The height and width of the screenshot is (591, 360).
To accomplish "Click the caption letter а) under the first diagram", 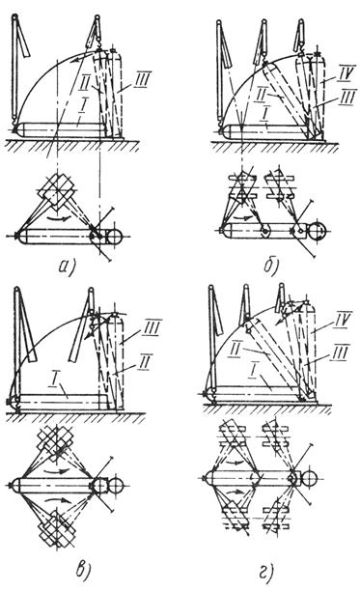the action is (x=68, y=267).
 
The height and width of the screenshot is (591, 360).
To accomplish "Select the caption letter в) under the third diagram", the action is (x=82, y=569).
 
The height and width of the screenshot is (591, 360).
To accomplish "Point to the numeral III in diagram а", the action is (x=142, y=80).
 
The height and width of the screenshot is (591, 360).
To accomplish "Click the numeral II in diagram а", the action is (x=84, y=83).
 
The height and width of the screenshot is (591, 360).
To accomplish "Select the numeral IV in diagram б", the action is (x=346, y=72).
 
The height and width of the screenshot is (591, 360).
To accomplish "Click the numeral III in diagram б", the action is (x=346, y=98).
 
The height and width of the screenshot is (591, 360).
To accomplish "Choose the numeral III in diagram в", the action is (x=152, y=326).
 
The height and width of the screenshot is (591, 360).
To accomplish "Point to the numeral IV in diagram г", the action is (x=342, y=320).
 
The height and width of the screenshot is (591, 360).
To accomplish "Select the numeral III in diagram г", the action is (x=340, y=352).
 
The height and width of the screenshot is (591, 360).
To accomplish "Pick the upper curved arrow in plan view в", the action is (x=57, y=470).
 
